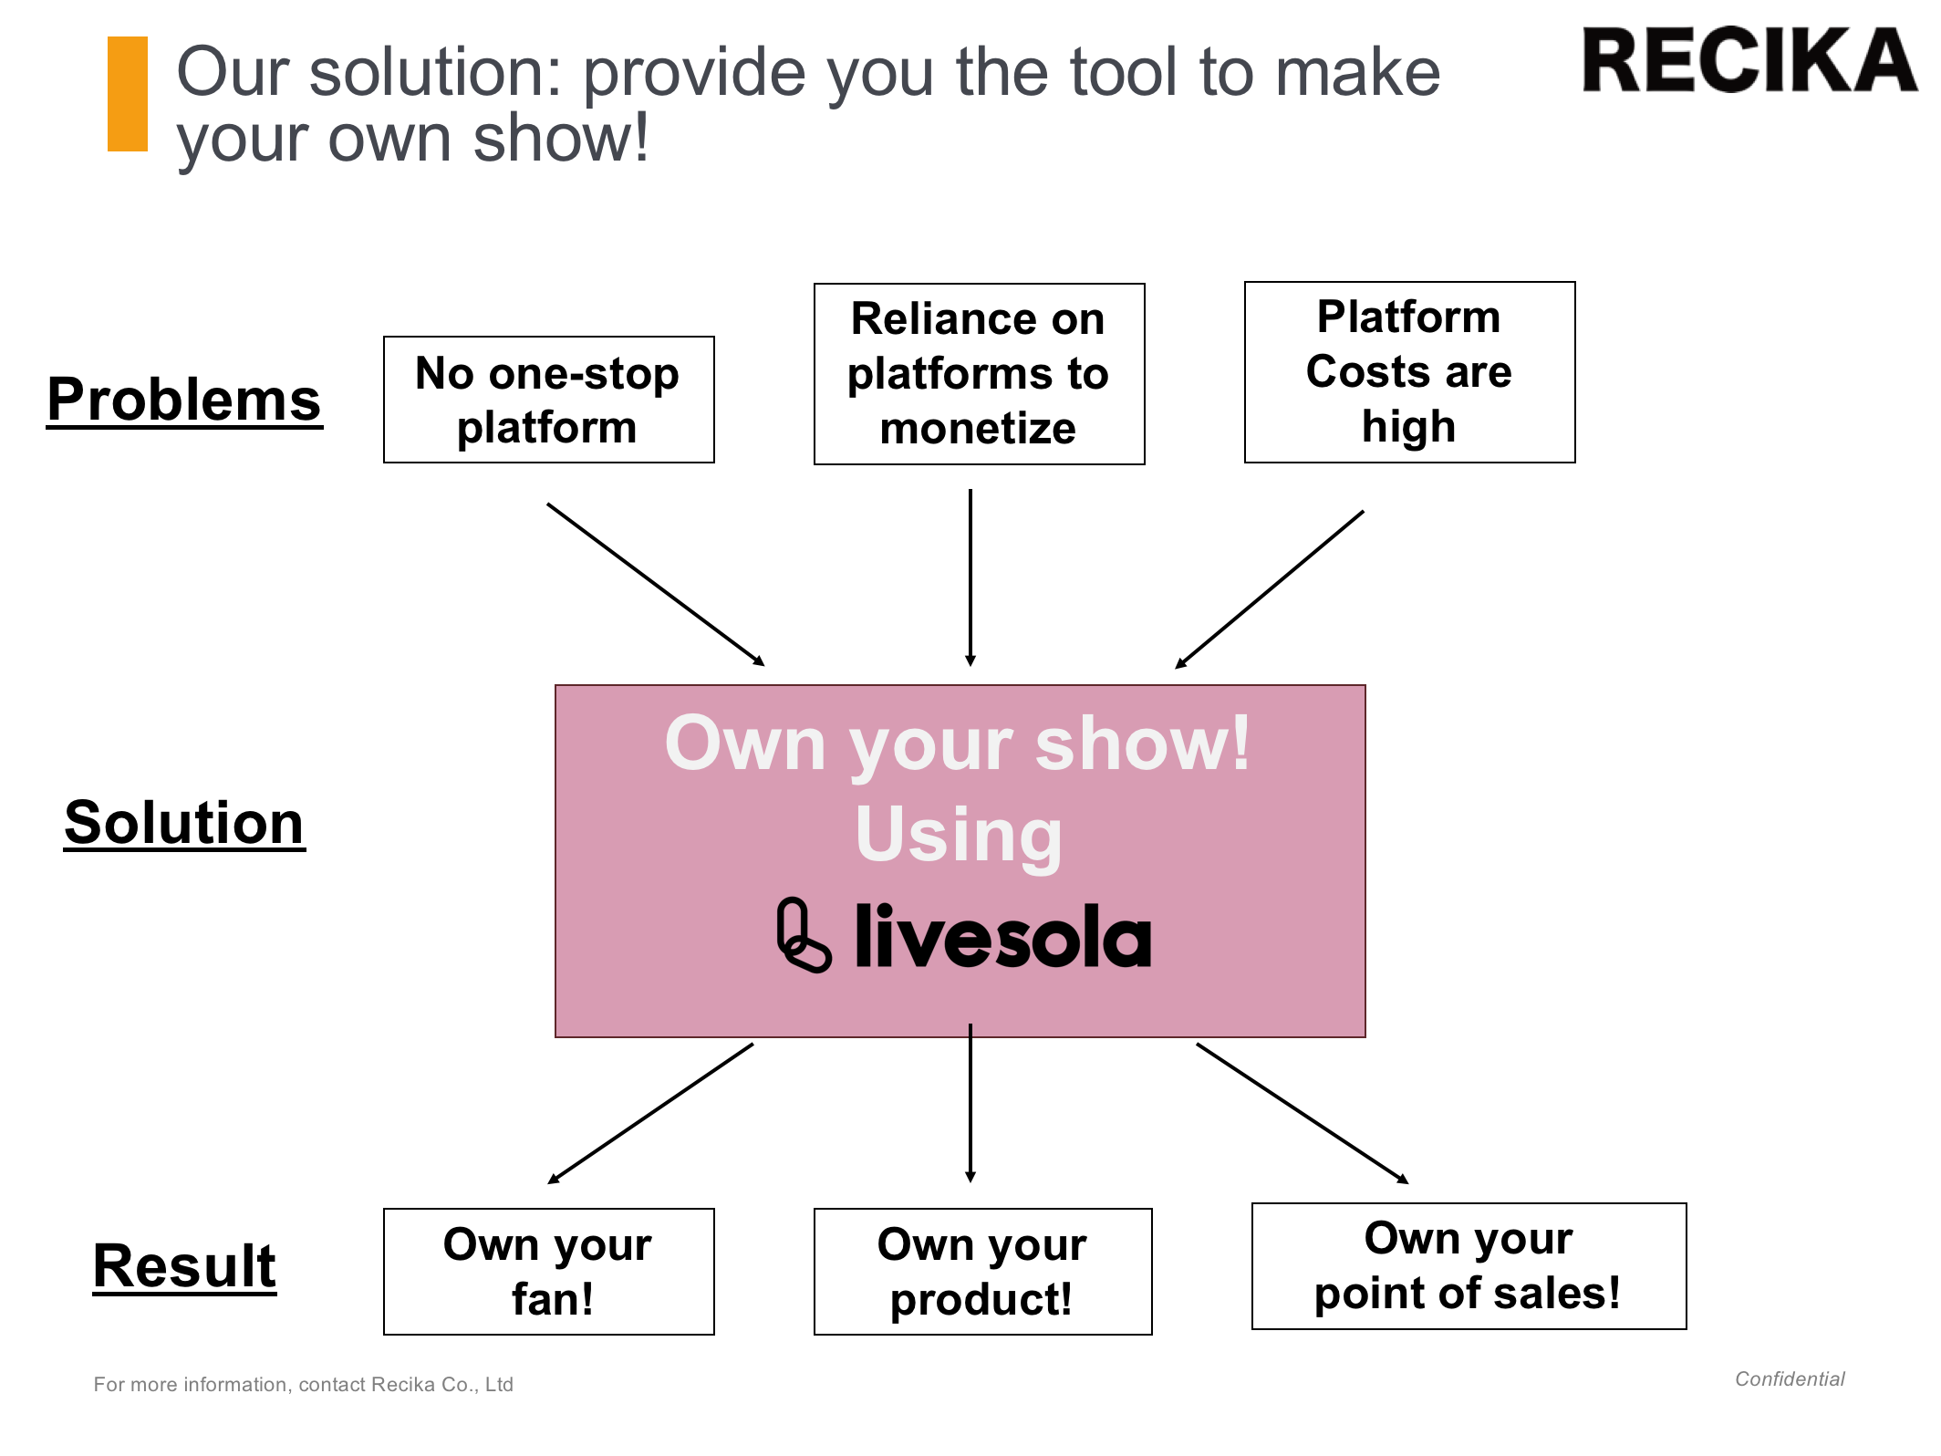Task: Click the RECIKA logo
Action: point(1749,60)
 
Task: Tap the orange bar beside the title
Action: point(128,93)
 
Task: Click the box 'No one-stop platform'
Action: point(548,400)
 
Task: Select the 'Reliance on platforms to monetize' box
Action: point(979,374)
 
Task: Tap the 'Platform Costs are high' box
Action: point(1409,372)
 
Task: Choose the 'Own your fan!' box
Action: point(548,1272)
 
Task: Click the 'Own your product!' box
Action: point(982,1272)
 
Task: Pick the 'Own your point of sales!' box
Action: point(1469,1266)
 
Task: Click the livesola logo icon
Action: point(804,935)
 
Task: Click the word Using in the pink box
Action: point(959,835)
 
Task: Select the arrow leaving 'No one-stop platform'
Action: point(656,585)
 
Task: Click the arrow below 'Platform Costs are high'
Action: point(1269,589)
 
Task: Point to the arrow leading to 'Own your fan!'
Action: point(650,1114)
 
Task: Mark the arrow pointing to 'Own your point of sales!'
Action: point(1303,1114)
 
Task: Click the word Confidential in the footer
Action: point(1790,1378)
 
